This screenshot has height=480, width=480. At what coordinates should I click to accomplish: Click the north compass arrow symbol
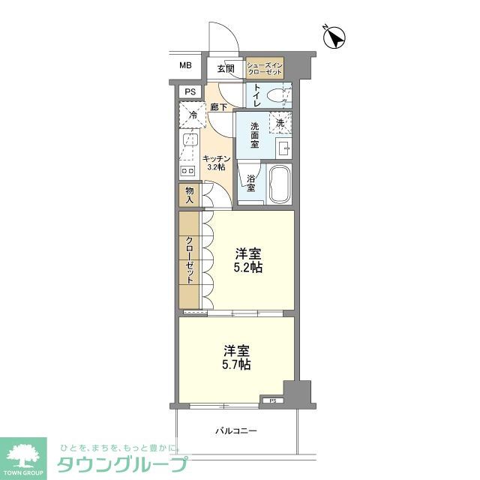point(335,37)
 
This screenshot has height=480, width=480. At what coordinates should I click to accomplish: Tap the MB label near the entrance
point(185,66)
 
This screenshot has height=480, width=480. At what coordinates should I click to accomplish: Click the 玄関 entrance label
point(226,68)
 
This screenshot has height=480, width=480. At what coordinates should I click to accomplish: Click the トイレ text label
point(256,95)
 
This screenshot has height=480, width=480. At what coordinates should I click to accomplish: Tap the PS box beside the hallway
point(190,92)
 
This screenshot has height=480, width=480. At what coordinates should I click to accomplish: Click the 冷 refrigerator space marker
point(193,115)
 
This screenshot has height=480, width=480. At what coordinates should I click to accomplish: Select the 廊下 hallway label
point(219,107)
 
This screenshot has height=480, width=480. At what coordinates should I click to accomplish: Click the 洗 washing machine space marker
point(280,122)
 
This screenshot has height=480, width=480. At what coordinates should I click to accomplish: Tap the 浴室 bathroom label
point(251,184)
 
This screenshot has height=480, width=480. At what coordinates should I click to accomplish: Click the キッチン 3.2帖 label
point(216,163)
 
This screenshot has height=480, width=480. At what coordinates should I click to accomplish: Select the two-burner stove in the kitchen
point(187,171)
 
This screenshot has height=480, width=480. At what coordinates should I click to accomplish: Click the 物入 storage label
point(190,195)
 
